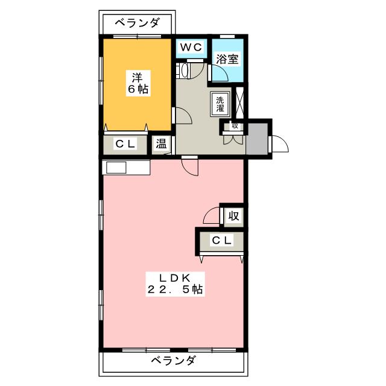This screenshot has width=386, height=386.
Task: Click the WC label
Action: click(191, 46)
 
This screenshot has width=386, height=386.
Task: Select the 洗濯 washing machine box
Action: click(220, 103)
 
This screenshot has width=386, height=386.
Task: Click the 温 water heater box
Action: click(162, 144)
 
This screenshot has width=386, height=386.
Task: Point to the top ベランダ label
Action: click(137, 24)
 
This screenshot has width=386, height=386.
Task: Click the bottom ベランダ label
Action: click(172, 361)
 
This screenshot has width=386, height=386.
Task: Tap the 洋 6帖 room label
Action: click(138, 82)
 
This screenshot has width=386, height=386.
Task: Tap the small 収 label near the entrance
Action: click(235, 126)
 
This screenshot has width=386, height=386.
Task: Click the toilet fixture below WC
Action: click(185, 71)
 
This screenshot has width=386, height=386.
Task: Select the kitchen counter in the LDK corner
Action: click(126, 167)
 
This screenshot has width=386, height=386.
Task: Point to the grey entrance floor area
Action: click(259, 139)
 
